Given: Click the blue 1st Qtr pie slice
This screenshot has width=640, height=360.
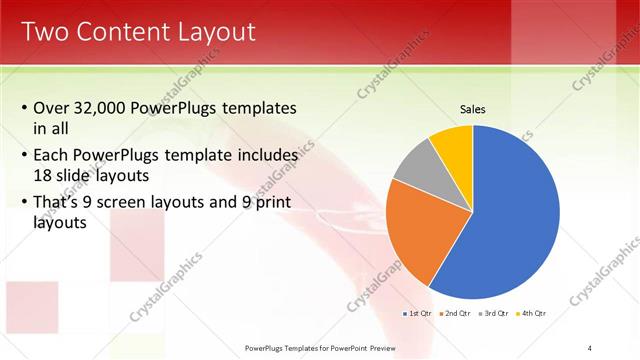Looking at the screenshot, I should (x=510, y=220).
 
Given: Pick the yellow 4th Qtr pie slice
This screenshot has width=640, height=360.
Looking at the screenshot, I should (x=452, y=145).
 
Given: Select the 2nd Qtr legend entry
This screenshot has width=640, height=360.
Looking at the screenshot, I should (x=458, y=314).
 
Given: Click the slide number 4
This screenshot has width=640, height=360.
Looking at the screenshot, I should (x=590, y=347).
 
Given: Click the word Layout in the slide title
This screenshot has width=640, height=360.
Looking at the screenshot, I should (x=212, y=32).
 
